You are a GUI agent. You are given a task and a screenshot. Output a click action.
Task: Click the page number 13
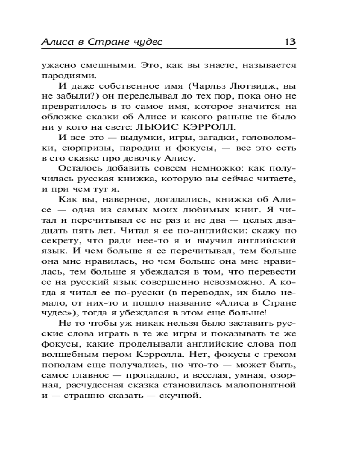pos(289,42)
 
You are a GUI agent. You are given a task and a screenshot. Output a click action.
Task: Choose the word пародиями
pos(66,75)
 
